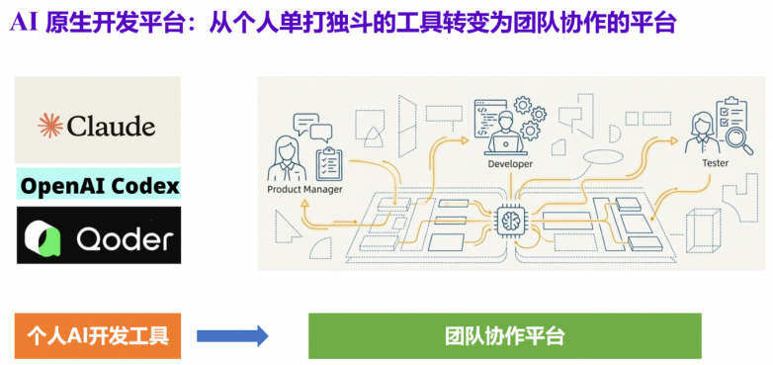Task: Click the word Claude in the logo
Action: click(x=111, y=126)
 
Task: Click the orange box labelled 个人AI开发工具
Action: click(x=98, y=335)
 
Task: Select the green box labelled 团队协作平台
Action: click(x=504, y=335)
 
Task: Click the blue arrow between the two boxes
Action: click(x=232, y=335)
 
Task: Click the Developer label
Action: click(x=510, y=164)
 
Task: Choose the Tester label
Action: click(x=715, y=162)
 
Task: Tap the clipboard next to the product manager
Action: click(x=329, y=161)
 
